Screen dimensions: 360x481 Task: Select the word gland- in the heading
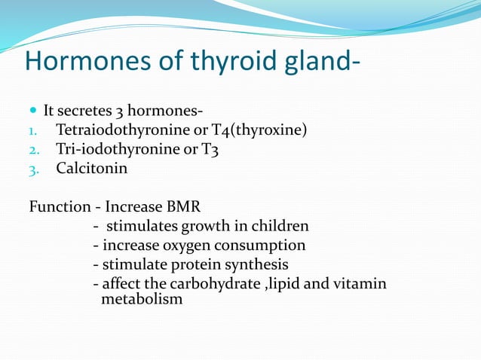pyautogui.click(x=317, y=62)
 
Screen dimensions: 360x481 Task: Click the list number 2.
pyautogui.click(x=32, y=150)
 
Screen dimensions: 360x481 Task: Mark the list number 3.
pyautogui.click(x=32, y=169)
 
